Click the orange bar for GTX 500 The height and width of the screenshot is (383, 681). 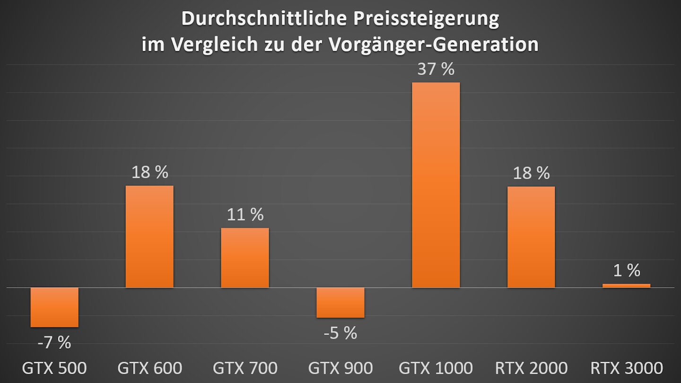pos(54,307)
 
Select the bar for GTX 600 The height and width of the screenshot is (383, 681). pos(149,236)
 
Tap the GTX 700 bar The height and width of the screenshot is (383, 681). pos(245,258)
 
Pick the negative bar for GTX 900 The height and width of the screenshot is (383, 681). pos(340,303)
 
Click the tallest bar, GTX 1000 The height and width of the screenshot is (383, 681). pos(436,185)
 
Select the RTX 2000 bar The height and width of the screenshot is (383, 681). pos(531,237)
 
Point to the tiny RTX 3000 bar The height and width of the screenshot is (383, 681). pos(626,286)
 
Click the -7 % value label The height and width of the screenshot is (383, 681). pos(54,342)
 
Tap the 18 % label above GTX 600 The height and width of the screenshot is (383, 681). pos(149,172)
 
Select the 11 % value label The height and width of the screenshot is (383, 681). pos(245,215)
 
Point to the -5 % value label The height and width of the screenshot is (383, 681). pos(340,333)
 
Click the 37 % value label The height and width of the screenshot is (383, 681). pos(436,70)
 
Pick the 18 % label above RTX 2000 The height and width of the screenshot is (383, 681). pos(531,173)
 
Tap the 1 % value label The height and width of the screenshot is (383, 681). pos(626,270)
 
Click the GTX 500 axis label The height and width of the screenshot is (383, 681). pos(54,368)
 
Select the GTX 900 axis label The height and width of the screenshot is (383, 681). pos(340,368)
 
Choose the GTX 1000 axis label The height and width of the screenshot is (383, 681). pos(436,368)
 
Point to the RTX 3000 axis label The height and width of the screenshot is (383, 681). pos(626,368)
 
